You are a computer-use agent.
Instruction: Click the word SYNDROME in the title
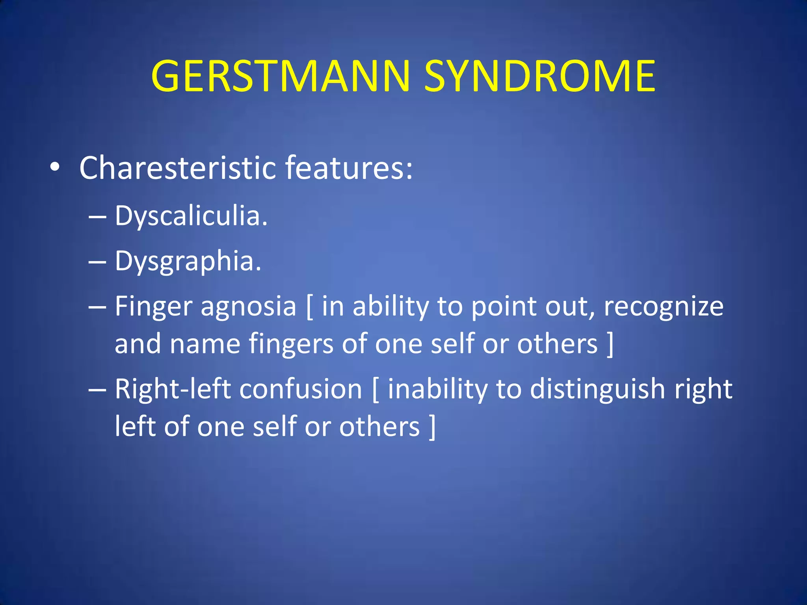[539, 76]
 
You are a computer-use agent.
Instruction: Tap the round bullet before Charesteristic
[55, 167]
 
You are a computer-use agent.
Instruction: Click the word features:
[349, 168]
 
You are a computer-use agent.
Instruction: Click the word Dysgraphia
[188, 262]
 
